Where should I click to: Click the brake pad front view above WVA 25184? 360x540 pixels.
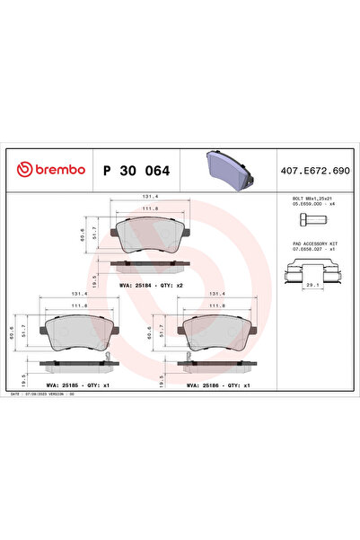(x=152, y=236)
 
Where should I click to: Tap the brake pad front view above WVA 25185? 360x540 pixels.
(x=74, y=333)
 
